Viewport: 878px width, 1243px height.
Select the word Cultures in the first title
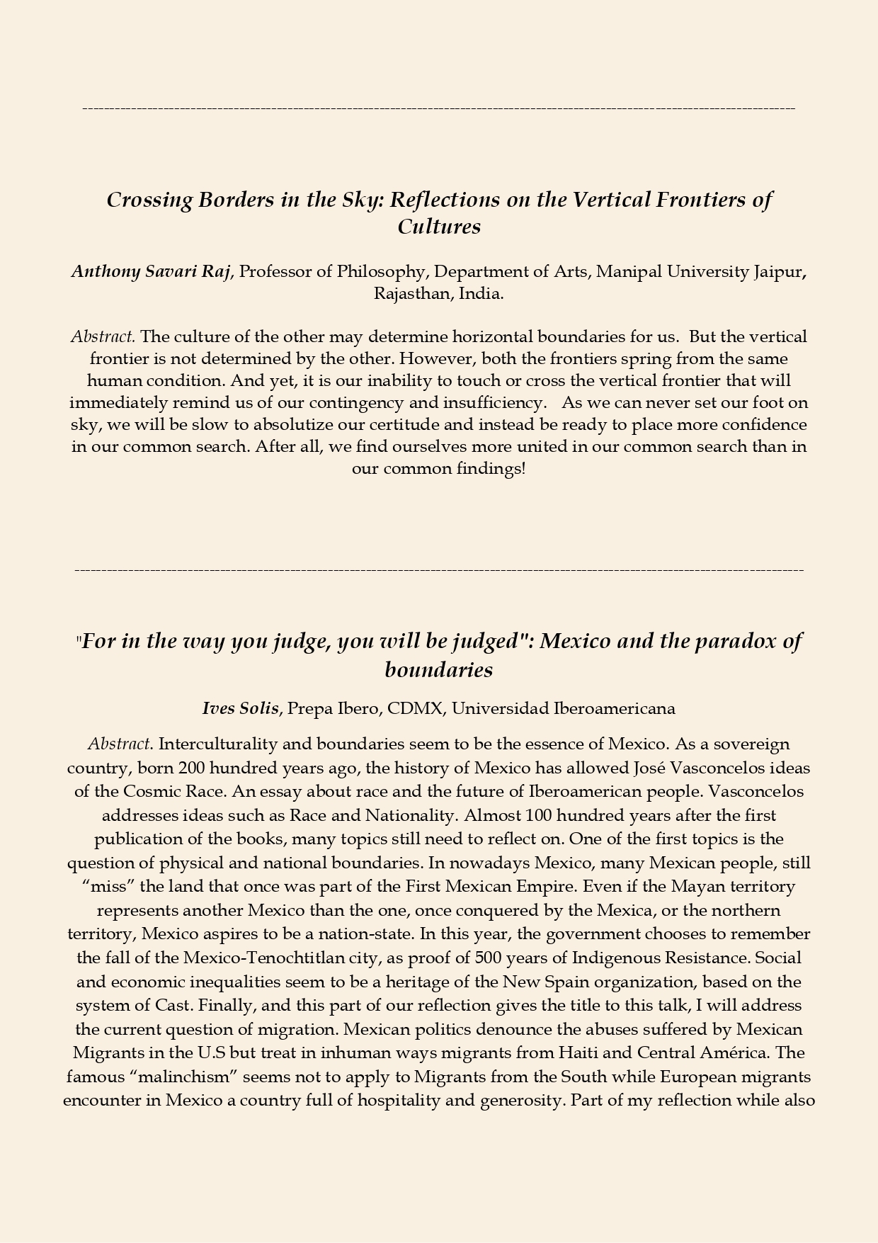coord(439,227)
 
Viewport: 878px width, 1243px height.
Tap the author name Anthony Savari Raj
coord(151,272)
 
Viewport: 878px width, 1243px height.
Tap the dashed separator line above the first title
coord(439,108)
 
